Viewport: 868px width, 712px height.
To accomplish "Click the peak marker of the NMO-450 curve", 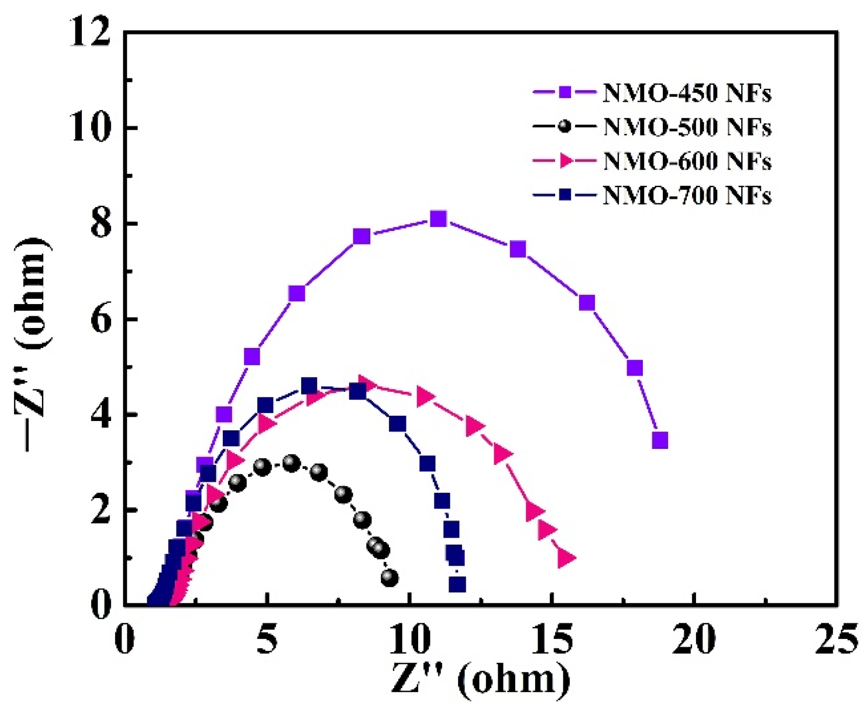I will pos(439,219).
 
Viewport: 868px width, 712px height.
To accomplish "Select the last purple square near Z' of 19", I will pos(659,441).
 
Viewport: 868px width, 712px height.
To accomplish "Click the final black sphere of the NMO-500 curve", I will pos(389,578).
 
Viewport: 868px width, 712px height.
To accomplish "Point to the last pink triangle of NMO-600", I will pos(566,558).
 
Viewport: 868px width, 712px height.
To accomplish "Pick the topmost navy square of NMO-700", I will pos(309,386).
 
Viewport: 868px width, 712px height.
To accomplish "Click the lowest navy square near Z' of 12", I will pos(457,584).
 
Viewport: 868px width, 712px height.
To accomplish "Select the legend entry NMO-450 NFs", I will pos(687,93).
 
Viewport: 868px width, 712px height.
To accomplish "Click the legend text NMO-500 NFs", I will pos(687,127).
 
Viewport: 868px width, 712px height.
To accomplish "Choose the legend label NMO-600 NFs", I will pos(687,161).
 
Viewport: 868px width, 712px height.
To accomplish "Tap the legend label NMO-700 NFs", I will pos(687,195).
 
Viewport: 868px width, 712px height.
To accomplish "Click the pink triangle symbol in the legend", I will pos(565,161).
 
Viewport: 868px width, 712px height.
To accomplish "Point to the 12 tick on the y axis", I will pos(90,34).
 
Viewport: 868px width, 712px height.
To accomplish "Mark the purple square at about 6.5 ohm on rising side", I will pos(297,293).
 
